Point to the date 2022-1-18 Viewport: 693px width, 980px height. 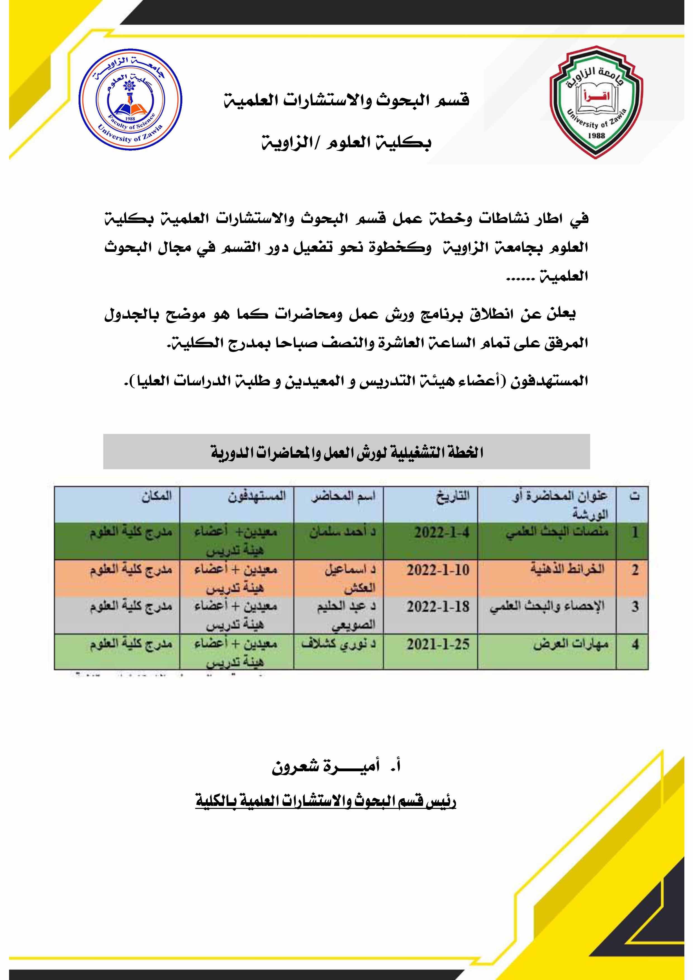point(438,606)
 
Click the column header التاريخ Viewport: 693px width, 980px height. point(452,496)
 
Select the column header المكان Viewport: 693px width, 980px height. point(156,496)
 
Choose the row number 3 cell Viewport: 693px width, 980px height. point(635,606)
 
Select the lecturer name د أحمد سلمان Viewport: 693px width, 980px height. point(343,533)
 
